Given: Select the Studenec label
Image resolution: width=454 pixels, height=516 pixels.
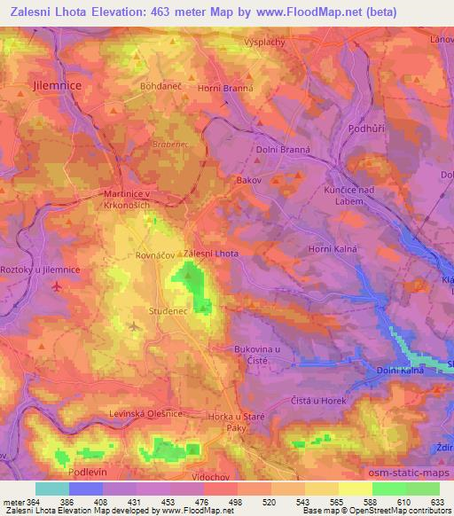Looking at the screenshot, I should coord(168,311).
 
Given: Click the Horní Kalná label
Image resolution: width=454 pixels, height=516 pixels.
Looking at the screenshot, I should coord(333,249).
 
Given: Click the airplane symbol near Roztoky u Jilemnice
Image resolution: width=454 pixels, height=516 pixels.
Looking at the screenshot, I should coord(59,286).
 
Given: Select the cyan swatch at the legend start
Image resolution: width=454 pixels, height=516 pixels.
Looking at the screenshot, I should coord(51,489).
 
